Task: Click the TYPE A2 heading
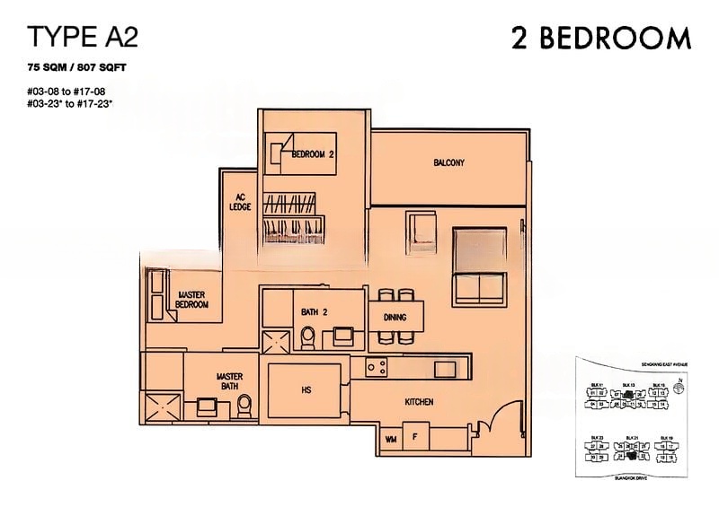(84, 37)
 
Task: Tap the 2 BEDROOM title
(600, 38)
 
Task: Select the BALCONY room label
(448, 162)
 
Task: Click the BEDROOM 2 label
(313, 154)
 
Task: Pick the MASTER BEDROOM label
(193, 300)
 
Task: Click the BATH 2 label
(315, 311)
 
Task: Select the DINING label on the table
(395, 317)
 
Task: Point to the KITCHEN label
(420, 403)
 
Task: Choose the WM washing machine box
(391, 439)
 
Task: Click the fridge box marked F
(414, 439)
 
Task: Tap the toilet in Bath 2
(307, 337)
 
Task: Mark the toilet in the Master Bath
(244, 408)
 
